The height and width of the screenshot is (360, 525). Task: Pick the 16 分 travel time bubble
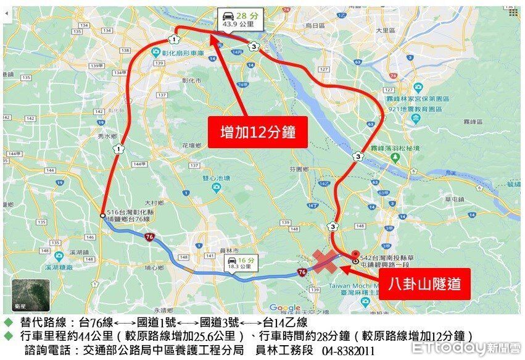240,264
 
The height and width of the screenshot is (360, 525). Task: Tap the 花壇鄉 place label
191,146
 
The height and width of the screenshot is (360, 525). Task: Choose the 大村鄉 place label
154,202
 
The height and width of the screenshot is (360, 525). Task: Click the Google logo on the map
284,308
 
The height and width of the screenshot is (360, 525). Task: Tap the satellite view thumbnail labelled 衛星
31,295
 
